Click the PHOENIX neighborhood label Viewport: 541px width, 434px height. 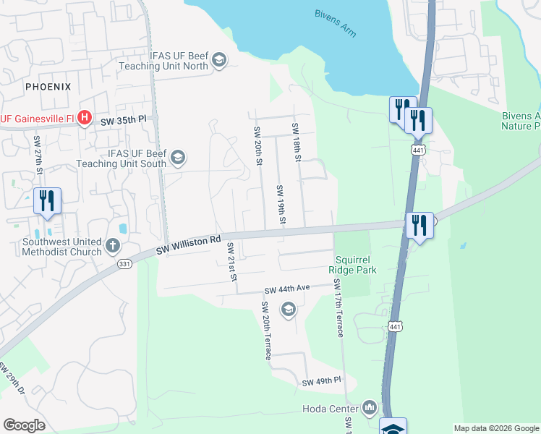pyautogui.click(x=48, y=87)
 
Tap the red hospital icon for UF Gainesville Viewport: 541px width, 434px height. pyautogui.click(x=85, y=118)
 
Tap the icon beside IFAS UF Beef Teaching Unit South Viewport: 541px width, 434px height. pyautogui.click(x=177, y=157)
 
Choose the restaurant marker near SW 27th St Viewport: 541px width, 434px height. pyautogui.click(x=47, y=201)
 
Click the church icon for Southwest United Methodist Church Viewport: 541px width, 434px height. pyautogui.click(x=112, y=246)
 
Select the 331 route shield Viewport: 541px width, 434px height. pyautogui.click(x=124, y=265)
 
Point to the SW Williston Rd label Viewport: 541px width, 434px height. pyautogui.click(x=188, y=245)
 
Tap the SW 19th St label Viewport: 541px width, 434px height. pyautogui.click(x=280, y=203)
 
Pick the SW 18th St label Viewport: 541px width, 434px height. pyautogui.click(x=296, y=142)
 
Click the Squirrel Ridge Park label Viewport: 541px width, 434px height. pyautogui.click(x=352, y=265)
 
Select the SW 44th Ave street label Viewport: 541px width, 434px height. pyautogui.click(x=287, y=288)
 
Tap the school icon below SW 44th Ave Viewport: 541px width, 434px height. pyautogui.click(x=288, y=311)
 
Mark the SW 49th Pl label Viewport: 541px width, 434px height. pyautogui.click(x=321, y=381)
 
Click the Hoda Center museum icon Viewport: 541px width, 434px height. pyautogui.click(x=370, y=409)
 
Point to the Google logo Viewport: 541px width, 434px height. pyautogui.click(x=25, y=425)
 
